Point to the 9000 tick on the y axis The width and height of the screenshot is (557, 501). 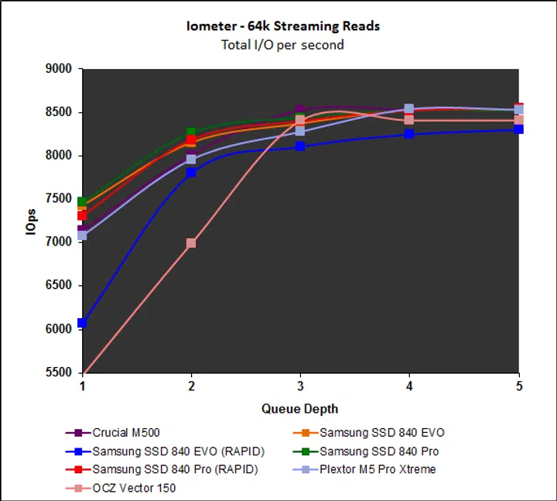click(59, 69)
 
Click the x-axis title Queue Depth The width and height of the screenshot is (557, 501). click(299, 409)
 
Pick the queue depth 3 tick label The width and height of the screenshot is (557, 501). click(300, 386)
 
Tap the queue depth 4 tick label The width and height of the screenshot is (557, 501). click(409, 386)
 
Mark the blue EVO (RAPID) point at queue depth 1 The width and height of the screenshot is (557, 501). click(83, 323)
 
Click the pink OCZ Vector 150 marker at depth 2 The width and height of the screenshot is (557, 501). click(191, 243)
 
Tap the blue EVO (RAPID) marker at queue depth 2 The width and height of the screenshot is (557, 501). click(191, 173)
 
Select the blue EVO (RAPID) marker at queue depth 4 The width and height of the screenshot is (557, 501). click(409, 134)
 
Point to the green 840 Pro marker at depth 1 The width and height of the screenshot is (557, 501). click(83, 202)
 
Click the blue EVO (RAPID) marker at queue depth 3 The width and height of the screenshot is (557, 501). click(300, 146)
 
